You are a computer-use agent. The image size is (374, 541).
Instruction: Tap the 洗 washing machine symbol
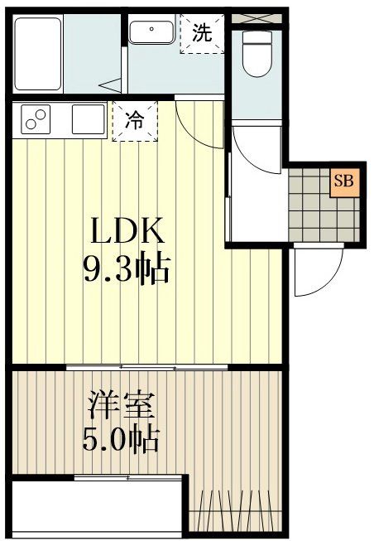pos(202,34)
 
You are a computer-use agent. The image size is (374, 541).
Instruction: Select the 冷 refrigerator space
pos(133,121)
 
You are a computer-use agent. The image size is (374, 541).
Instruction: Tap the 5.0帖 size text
pos(121,439)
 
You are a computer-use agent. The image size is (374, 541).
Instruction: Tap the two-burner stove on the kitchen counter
pos(36,121)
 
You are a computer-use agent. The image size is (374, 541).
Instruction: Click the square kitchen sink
pos(88,120)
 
